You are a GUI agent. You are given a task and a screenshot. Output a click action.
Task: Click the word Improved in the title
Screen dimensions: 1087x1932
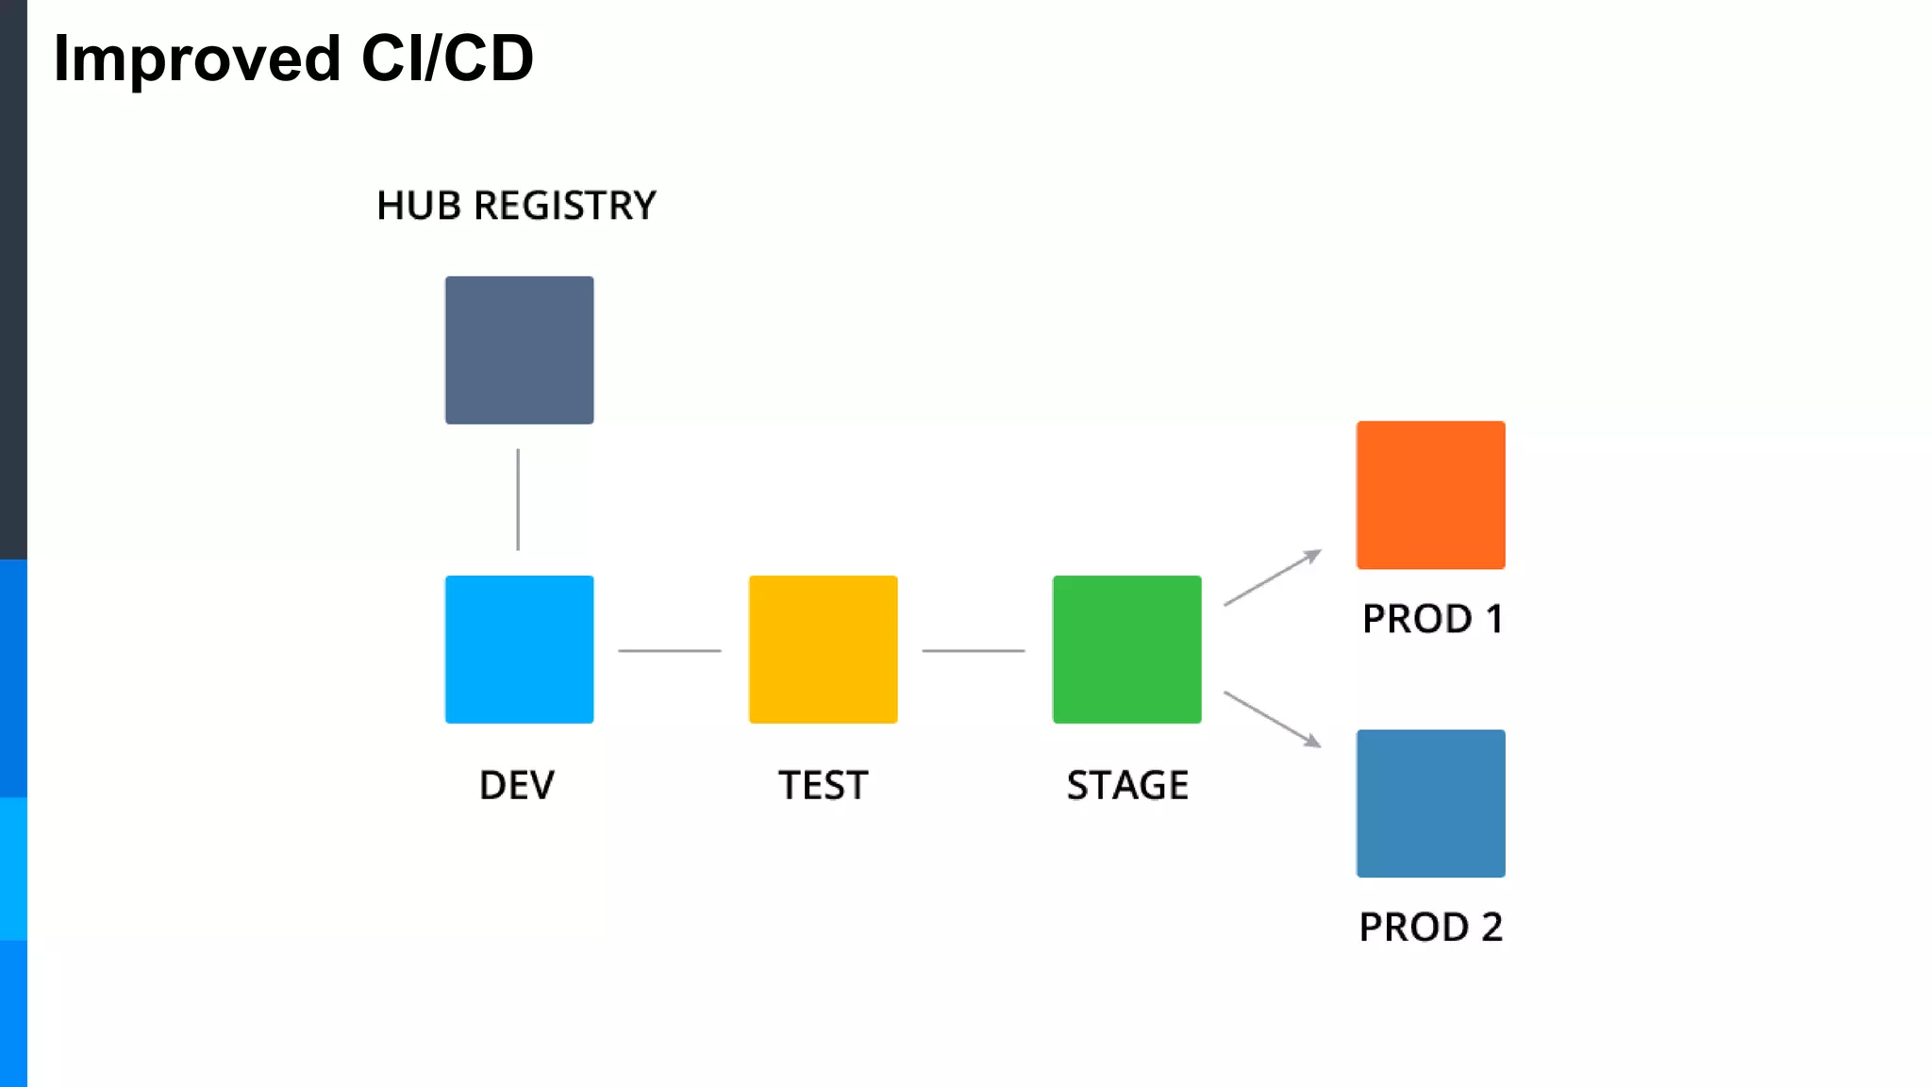pyautogui.click(x=196, y=59)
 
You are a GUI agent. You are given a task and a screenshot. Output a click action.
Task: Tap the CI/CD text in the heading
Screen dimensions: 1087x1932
pyautogui.click(x=447, y=59)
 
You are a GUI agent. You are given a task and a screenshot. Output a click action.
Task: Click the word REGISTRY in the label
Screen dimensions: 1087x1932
pyautogui.click(x=564, y=206)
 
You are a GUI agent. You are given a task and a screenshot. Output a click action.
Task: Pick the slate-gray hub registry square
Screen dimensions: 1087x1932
pyautogui.click(x=519, y=350)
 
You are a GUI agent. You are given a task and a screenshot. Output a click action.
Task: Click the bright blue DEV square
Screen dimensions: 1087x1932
pyautogui.click(x=519, y=649)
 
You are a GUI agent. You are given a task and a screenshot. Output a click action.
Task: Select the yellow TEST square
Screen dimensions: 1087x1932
pyautogui.click(x=823, y=649)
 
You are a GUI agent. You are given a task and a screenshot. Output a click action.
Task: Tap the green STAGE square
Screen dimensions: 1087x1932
pyautogui.click(x=1126, y=649)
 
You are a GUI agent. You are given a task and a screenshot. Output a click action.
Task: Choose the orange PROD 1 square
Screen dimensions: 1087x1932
pyautogui.click(x=1430, y=494)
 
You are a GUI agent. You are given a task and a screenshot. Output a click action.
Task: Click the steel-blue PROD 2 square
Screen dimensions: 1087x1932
pyautogui.click(x=1430, y=803)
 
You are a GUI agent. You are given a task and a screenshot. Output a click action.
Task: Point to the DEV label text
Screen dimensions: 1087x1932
pyautogui.click(x=517, y=785)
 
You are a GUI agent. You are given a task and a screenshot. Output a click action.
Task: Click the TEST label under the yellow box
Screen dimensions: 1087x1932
pyautogui.click(x=823, y=785)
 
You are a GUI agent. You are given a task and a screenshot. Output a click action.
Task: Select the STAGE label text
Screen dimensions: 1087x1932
pyautogui.click(x=1127, y=785)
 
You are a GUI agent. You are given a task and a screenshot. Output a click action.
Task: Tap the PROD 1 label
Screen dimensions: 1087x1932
pyautogui.click(x=1432, y=619)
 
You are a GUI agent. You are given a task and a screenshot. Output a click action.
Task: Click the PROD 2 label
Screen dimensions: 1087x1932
pyautogui.click(x=1430, y=927)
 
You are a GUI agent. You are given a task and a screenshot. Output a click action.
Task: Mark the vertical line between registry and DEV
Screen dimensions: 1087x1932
pyautogui.click(x=518, y=499)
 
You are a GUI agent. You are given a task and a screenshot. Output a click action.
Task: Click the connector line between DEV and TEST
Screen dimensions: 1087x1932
pyautogui.click(x=670, y=650)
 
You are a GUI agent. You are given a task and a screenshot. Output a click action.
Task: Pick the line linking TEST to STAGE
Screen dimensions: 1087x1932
pyautogui.click(x=974, y=650)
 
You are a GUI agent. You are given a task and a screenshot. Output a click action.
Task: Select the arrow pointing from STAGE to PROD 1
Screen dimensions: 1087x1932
pyautogui.click(x=1273, y=577)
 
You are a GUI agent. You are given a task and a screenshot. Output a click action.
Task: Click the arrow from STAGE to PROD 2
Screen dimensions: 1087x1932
pyautogui.click(x=1273, y=719)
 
